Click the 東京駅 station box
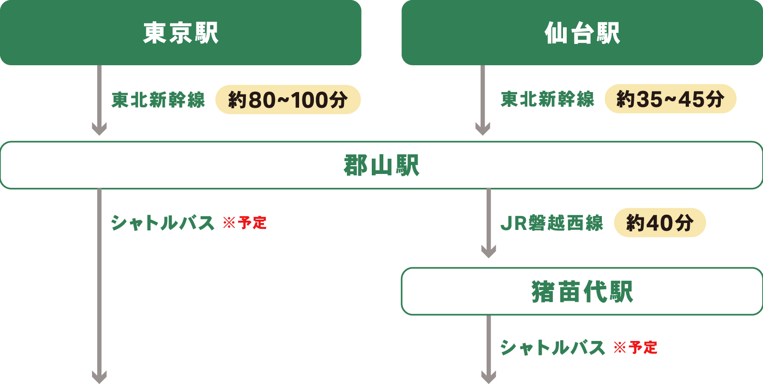(x=181, y=32)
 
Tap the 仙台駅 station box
(x=582, y=32)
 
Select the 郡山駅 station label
(x=381, y=165)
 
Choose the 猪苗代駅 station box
(x=582, y=291)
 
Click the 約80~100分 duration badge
(x=288, y=99)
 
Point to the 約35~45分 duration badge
(x=670, y=99)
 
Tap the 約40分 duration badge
(x=659, y=223)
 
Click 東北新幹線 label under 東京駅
(x=158, y=99)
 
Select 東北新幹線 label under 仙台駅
(x=547, y=99)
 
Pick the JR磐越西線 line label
(x=551, y=223)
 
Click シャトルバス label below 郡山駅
(x=163, y=223)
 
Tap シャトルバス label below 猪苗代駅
(x=552, y=347)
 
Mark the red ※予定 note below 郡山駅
(x=245, y=223)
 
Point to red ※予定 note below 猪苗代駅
(x=636, y=347)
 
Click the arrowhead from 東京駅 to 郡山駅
(x=99, y=128)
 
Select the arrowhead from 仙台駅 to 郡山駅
(x=482, y=128)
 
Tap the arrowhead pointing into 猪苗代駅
(x=488, y=251)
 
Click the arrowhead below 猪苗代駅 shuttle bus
(x=488, y=377)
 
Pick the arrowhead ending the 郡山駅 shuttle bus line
(x=99, y=377)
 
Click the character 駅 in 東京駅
(x=206, y=33)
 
